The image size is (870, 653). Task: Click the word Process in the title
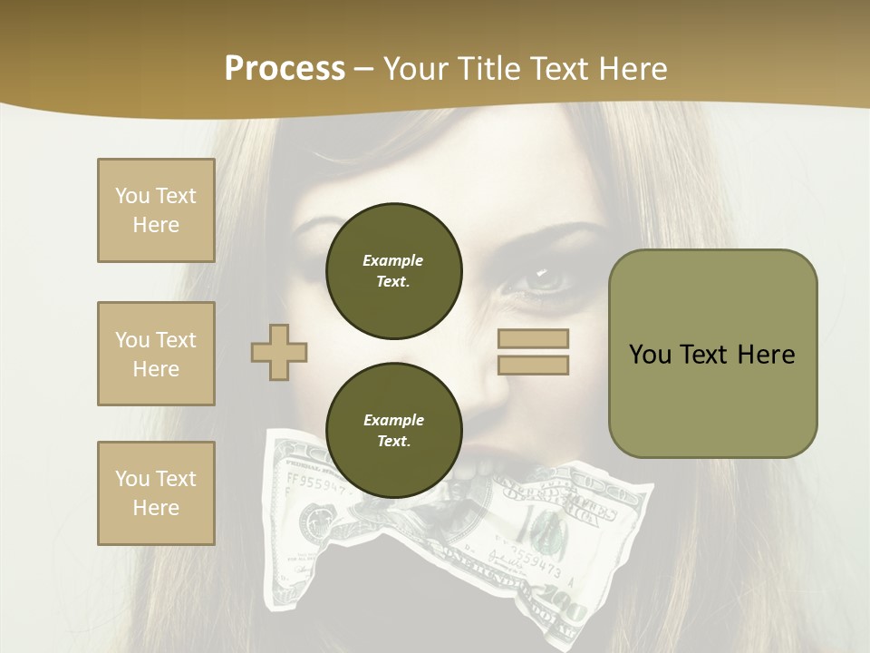[285, 69]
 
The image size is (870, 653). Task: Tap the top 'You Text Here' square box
[156, 210]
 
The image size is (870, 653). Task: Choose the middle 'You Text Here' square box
[156, 354]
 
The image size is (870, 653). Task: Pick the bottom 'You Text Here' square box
[156, 492]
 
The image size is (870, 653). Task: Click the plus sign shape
[279, 352]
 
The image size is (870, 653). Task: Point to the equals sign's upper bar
[534, 338]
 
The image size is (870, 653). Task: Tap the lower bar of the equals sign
[534, 365]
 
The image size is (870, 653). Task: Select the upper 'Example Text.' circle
[394, 270]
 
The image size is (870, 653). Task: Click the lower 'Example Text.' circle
[394, 430]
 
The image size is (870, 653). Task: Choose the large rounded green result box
[712, 354]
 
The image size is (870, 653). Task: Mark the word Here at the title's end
[633, 69]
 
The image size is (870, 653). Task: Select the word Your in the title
[417, 69]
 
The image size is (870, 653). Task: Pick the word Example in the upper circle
[393, 260]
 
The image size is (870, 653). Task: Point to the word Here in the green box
[766, 354]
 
